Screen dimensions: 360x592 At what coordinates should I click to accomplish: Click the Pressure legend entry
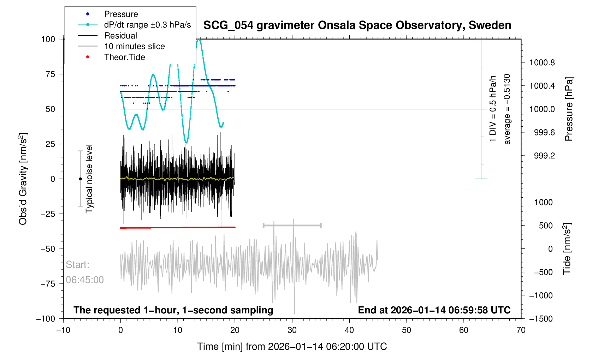[x=121, y=14]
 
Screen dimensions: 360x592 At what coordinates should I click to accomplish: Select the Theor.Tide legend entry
[x=124, y=57]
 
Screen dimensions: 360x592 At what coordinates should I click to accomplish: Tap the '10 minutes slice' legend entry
[x=134, y=46]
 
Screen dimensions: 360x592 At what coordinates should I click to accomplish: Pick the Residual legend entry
[x=120, y=36]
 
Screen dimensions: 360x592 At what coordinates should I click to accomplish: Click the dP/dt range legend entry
[x=147, y=25]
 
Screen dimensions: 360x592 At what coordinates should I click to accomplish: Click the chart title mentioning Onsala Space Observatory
[x=357, y=25]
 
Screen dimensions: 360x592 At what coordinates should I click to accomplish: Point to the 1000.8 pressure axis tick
[x=542, y=63]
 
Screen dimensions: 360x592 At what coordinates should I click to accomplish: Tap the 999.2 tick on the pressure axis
[x=544, y=156]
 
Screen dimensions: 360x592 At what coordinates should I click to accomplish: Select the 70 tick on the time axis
[x=521, y=330]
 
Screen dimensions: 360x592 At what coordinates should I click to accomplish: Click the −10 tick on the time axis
[x=63, y=330]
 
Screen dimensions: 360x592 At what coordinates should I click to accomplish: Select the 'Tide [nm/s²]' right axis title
[x=567, y=248]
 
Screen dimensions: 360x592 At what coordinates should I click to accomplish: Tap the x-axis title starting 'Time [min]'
[x=292, y=347]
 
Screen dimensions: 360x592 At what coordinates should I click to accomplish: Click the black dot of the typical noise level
[x=80, y=179]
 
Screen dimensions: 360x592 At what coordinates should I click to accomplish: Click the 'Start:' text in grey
[x=77, y=265]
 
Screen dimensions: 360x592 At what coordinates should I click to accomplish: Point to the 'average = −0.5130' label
[x=507, y=109]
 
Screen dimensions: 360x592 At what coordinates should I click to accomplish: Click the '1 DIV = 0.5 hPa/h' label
[x=493, y=109]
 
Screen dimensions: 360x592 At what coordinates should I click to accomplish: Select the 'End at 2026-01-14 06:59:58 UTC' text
[x=434, y=310]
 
